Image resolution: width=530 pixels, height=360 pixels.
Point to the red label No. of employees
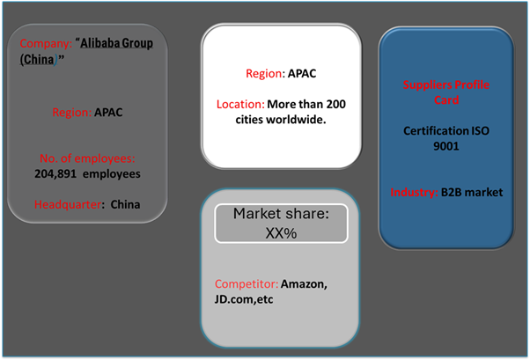coord(87,158)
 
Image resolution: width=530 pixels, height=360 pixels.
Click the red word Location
coord(240,104)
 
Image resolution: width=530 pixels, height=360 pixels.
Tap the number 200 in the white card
coord(335,104)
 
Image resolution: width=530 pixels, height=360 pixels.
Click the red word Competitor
coord(246,284)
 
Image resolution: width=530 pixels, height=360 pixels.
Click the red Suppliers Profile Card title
coord(445,92)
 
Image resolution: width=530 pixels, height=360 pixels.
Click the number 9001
coord(445,147)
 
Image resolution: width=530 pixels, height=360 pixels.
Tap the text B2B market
coord(472,192)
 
